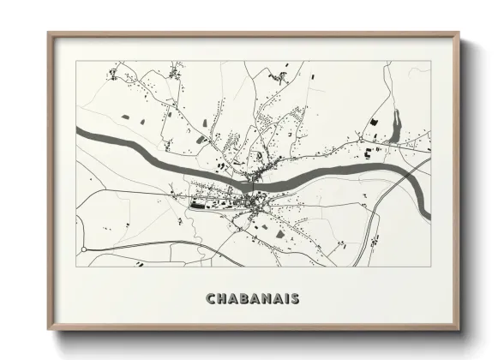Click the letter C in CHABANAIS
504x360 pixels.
coord(210,298)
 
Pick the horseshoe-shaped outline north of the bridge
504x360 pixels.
coord(257,156)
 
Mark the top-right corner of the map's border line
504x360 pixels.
coord(431,61)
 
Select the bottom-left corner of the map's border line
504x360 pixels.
coord(77,266)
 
